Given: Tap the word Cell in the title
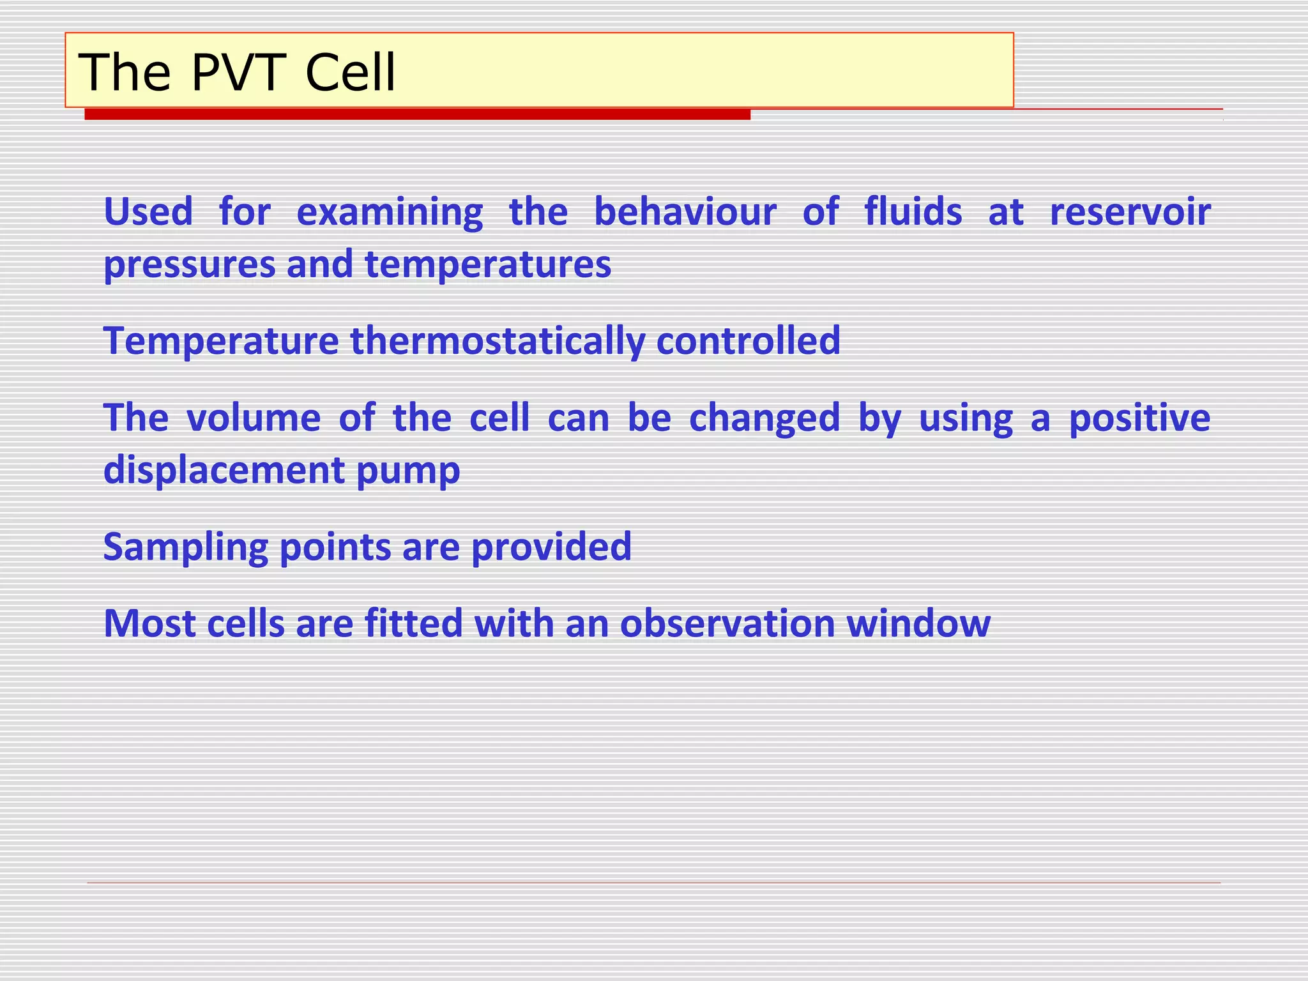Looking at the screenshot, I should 350,72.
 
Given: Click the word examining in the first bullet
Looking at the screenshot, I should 390,213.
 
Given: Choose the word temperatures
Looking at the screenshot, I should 488,264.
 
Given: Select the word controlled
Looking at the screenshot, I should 748,340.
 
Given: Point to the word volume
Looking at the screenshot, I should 253,418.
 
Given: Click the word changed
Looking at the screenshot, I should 764,419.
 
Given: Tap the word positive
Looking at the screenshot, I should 1139,419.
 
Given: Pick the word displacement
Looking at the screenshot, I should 224,471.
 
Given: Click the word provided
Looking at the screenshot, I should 551,548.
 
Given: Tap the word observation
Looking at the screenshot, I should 727,623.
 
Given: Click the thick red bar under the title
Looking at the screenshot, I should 417,114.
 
